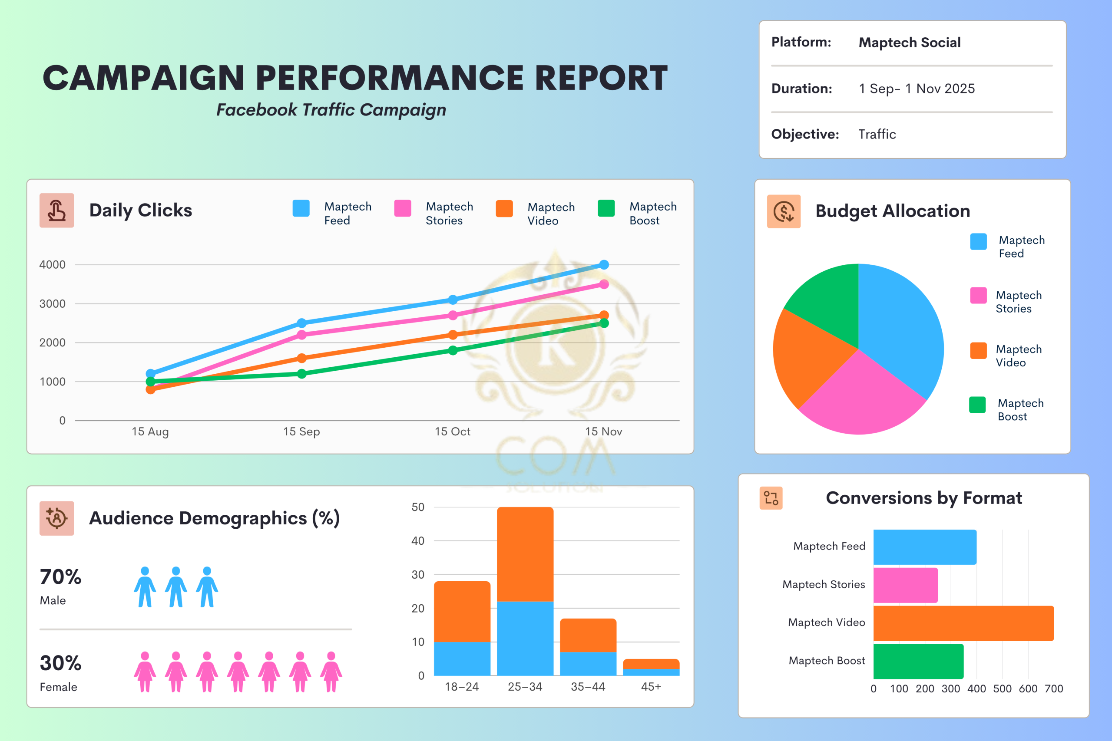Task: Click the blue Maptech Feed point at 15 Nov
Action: coord(604,265)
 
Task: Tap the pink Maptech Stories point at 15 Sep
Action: coord(301,335)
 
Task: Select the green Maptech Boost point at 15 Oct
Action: coord(453,350)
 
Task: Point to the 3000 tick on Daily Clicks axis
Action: coord(52,303)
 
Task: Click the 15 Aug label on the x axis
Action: coord(150,431)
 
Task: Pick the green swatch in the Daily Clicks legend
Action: coord(606,208)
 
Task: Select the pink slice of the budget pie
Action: coord(860,397)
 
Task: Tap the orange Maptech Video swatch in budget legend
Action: coord(978,351)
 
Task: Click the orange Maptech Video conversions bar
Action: coord(963,623)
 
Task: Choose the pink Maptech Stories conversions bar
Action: coord(905,585)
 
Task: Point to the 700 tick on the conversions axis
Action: coord(1053,688)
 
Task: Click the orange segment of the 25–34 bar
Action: coord(525,554)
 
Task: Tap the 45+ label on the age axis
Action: coord(651,687)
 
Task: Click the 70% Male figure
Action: coord(60,577)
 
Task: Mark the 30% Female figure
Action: coord(60,663)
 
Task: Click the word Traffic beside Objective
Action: coord(877,134)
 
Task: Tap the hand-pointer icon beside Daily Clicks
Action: coord(57,210)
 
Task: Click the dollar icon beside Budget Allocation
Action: coord(784,211)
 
